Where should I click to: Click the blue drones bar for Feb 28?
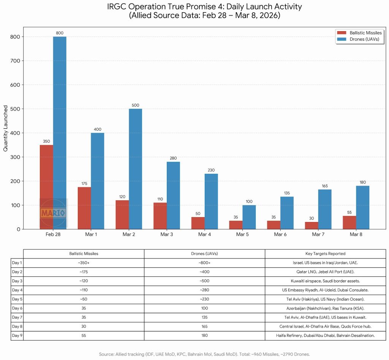click(60, 133)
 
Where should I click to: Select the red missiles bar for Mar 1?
click(84, 208)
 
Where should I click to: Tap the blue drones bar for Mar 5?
click(249, 217)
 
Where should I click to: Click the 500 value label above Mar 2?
click(135, 105)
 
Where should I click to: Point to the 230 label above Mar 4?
click(211, 170)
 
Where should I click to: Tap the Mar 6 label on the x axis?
click(280, 235)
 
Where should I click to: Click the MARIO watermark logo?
click(53, 213)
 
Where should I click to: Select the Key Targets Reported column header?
click(325, 254)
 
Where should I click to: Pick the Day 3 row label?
click(17, 281)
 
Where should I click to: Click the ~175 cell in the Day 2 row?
click(84, 272)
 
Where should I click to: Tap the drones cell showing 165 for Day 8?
click(204, 327)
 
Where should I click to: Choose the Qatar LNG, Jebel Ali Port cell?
click(325, 272)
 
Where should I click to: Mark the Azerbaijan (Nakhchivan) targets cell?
click(325, 308)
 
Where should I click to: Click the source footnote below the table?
click(204, 354)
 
